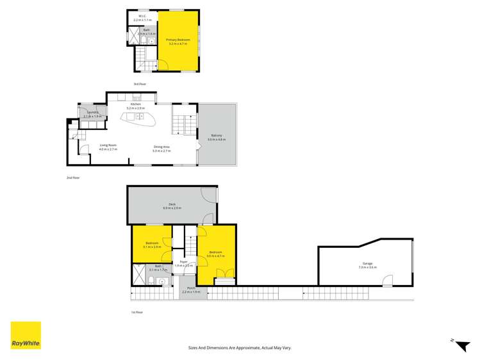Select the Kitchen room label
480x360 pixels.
(135, 104)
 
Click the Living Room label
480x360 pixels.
(108, 147)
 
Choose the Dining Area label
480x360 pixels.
(161, 147)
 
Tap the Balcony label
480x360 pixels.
(217, 135)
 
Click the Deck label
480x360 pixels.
(172, 204)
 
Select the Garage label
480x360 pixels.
(367, 263)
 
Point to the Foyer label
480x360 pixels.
(183, 261)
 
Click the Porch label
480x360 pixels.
(191, 288)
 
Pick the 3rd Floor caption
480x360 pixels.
(140, 85)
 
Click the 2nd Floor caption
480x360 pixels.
(73, 177)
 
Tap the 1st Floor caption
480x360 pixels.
(137, 312)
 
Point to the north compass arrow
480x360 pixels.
(461, 345)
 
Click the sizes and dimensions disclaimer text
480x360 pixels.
(240, 347)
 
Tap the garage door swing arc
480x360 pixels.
(386, 279)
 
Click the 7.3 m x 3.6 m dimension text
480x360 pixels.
(367, 267)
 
